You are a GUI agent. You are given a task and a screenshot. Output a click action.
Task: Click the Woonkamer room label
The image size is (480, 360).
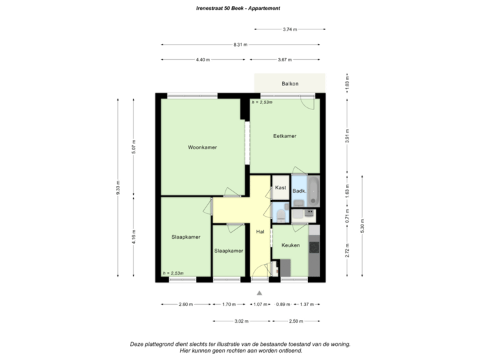(202, 147)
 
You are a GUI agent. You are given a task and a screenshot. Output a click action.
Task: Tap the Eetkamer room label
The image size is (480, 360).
(285, 136)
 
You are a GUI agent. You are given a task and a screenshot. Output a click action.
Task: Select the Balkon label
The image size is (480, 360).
(289, 83)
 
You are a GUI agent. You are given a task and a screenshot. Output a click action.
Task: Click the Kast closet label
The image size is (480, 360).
(281, 188)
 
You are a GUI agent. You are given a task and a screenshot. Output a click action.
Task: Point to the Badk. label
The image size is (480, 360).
(299, 191)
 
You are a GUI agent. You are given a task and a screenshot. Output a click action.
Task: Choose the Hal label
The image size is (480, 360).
(260, 231)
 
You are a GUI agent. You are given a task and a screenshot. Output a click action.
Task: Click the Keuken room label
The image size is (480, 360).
(290, 245)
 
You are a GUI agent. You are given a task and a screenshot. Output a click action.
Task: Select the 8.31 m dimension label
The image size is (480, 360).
(240, 45)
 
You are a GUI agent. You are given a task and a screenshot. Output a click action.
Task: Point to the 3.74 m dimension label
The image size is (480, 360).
(289, 29)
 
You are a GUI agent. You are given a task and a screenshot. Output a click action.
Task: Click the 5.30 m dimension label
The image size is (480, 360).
(362, 227)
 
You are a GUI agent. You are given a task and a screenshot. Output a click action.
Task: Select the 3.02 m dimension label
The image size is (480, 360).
(241, 321)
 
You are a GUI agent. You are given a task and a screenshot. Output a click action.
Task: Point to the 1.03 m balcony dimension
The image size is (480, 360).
(347, 85)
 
